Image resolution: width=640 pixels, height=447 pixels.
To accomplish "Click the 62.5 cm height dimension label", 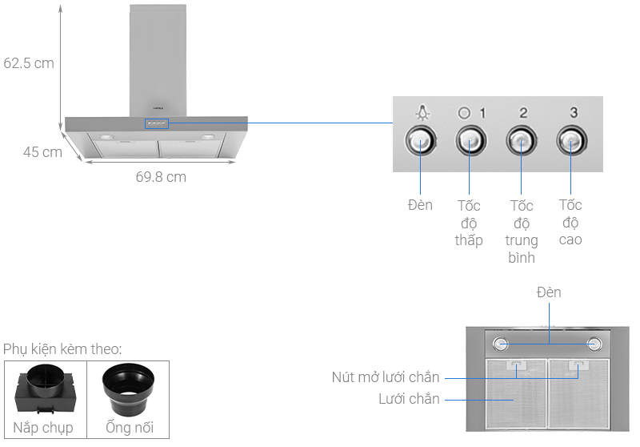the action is point(29,63).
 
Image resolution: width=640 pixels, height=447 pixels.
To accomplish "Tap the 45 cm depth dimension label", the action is point(42,152).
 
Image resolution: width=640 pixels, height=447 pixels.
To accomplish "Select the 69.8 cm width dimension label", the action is point(161,177).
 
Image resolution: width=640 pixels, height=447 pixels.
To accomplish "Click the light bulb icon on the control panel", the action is point(423,112).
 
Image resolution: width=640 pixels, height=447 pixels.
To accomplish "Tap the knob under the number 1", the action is point(471,141).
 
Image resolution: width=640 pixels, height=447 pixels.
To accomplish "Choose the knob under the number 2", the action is point(522,141).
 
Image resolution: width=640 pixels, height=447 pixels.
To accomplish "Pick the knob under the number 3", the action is point(572,141).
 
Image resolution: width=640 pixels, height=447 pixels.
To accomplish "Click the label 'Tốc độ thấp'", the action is point(469,223).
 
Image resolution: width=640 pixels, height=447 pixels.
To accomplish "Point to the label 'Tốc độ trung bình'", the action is point(522,232).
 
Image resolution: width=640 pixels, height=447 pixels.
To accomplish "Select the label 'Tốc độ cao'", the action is point(570,222).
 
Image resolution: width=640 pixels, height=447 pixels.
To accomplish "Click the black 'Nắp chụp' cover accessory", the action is point(46,389).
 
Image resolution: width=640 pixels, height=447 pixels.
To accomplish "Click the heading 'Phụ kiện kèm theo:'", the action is point(62,349).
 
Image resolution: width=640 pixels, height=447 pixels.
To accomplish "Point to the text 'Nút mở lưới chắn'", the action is point(386,377).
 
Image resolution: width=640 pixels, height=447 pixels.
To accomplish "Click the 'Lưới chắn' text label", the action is point(409,399).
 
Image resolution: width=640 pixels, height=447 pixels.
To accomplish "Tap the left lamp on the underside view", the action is point(501,344).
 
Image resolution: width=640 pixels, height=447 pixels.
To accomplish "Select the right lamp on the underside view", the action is point(594,344).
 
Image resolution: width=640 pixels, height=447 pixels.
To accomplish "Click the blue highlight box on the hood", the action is point(157,123).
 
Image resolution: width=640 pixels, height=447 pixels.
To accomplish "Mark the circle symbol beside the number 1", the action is point(464,113).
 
